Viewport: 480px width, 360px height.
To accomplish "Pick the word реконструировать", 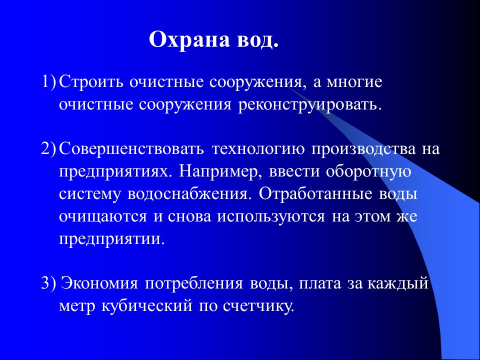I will click(x=302, y=104).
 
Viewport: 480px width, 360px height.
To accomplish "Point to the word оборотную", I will click(x=368, y=172).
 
